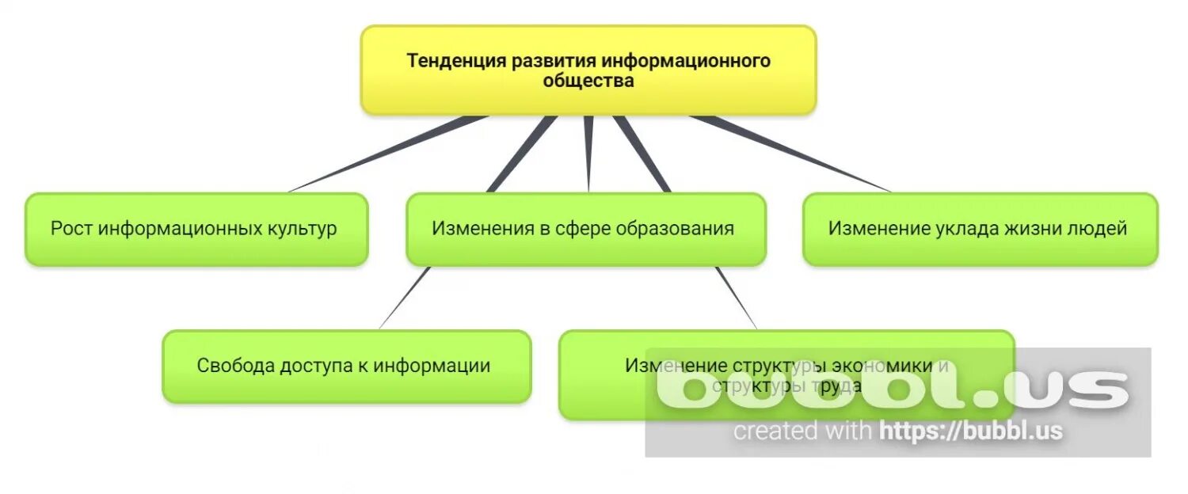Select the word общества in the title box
point(588,81)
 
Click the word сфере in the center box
point(583,229)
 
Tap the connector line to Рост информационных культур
point(388,154)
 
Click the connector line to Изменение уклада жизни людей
point(792,154)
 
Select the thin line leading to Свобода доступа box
point(404,298)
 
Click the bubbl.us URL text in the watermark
point(970,431)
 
